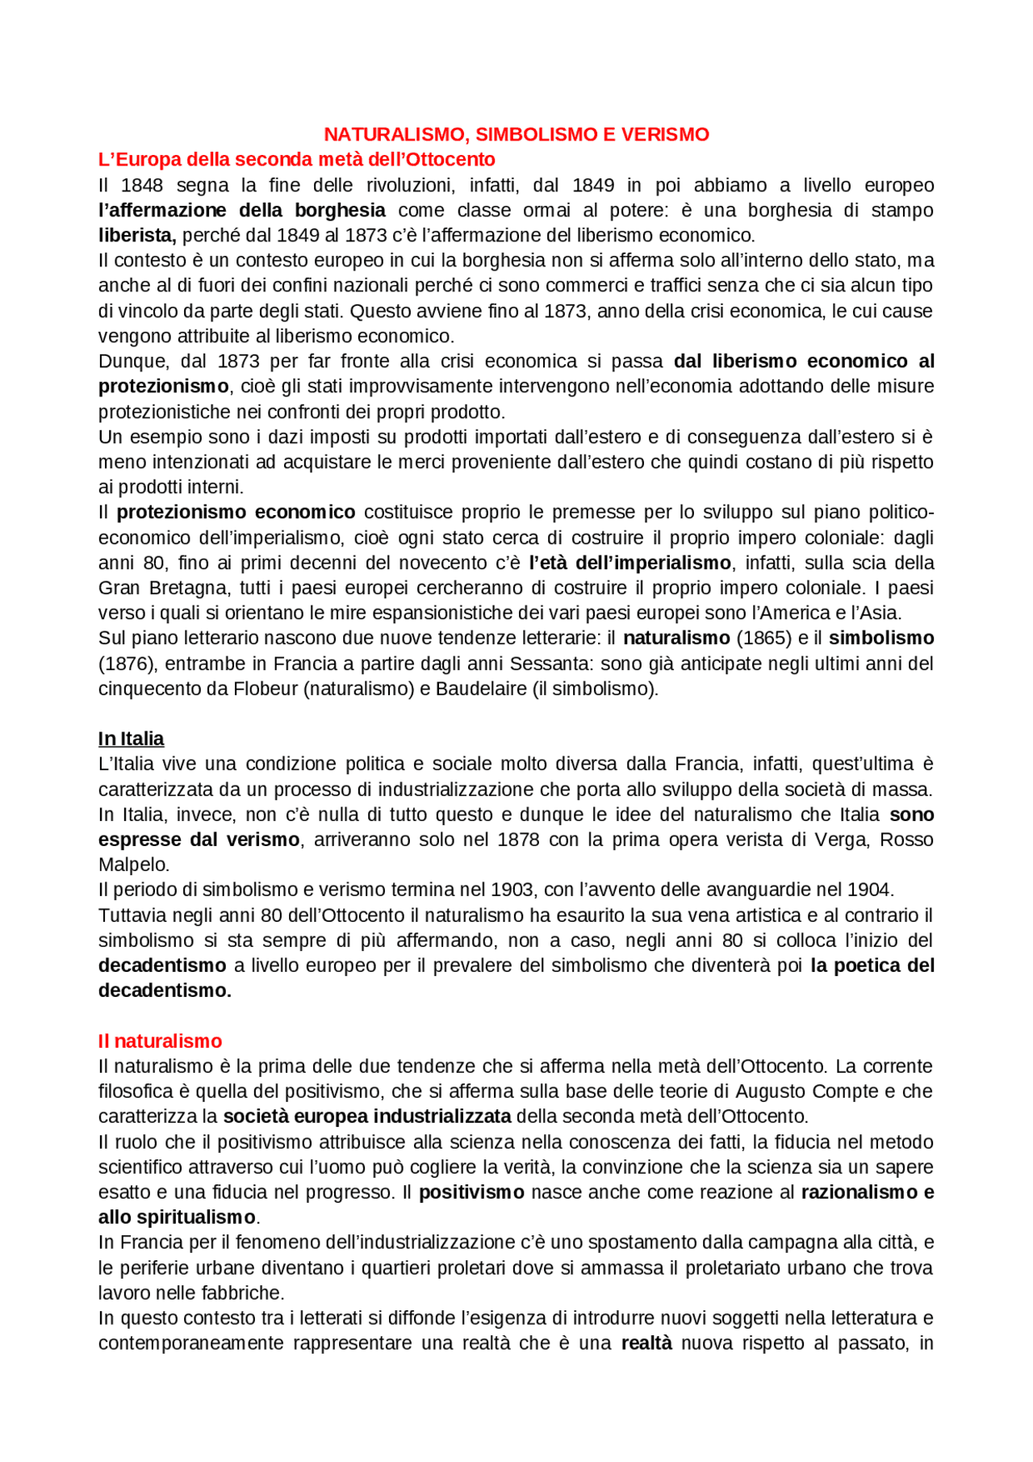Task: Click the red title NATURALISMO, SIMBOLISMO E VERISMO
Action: [516, 135]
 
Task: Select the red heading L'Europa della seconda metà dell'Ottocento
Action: [296, 160]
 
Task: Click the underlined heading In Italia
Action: [131, 739]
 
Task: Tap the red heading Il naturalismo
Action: [160, 1041]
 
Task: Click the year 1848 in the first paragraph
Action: [142, 186]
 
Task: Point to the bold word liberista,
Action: [137, 236]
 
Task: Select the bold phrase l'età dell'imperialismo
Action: [629, 563]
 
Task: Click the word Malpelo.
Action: [134, 865]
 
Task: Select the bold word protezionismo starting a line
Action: [163, 387]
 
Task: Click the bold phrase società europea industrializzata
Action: [367, 1117]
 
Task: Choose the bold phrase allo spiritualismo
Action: [177, 1217]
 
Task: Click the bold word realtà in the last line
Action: [646, 1343]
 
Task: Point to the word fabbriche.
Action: [242, 1293]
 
